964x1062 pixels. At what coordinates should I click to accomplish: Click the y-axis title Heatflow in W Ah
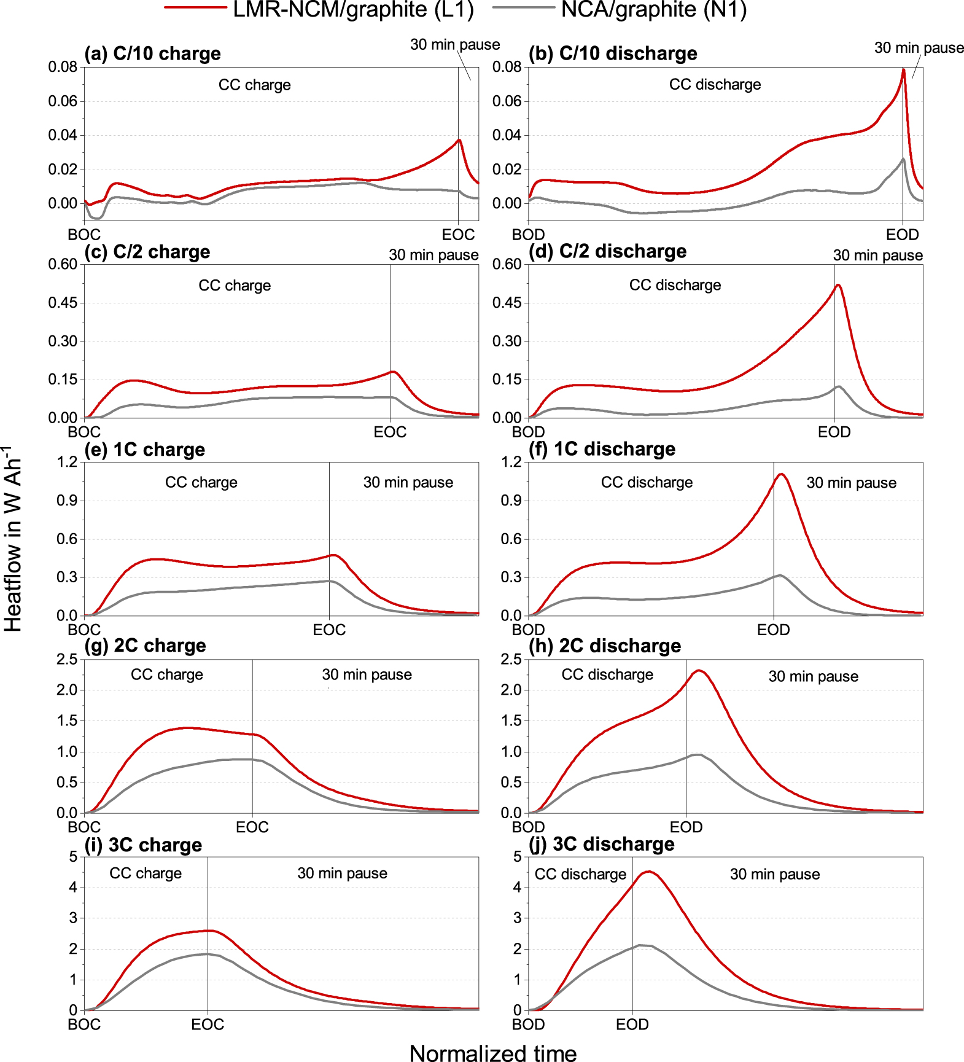point(14,541)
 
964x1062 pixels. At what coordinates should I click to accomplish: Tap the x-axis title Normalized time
point(493,1053)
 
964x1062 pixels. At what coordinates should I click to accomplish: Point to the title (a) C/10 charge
point(152,53)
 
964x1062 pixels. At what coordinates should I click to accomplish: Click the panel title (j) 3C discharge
point(601,844)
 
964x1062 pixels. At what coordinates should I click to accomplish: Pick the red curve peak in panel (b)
point(903,69)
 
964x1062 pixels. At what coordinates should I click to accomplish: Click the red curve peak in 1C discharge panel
point(781,474)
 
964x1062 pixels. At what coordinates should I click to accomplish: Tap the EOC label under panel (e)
point(329,630)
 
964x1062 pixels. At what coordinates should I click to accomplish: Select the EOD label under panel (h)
point(686,827)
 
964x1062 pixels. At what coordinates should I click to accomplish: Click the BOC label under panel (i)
point(84,1025)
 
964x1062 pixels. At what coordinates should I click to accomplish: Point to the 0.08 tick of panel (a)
point(63,66)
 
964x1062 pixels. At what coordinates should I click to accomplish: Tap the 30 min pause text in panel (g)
point(367,674)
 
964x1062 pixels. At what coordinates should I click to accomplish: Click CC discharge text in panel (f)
point(647,482)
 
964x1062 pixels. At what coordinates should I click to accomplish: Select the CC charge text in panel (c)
point(235,285)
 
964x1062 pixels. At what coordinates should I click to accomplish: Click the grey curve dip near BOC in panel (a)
point(96,218)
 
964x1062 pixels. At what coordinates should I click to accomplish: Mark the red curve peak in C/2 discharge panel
point(838,285)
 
